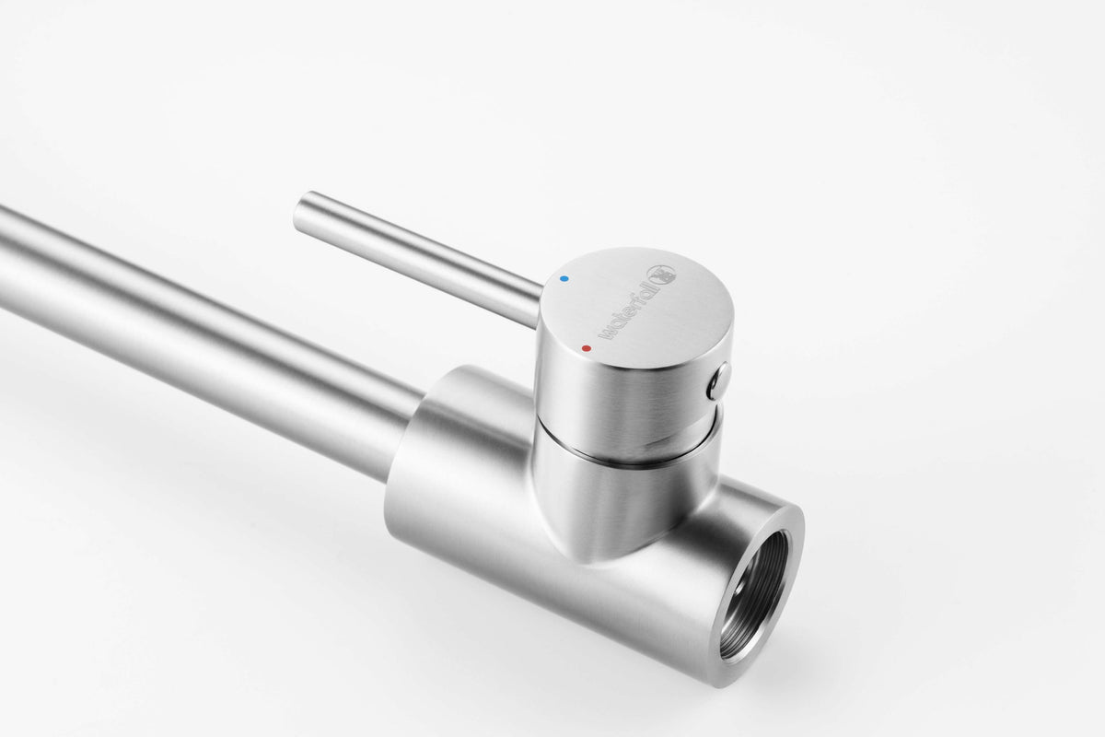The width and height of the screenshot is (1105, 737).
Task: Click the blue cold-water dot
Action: point(564,279)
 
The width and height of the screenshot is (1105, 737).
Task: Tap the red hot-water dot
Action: point(586,348)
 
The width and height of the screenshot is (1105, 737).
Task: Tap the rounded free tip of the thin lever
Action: point(300,215)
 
